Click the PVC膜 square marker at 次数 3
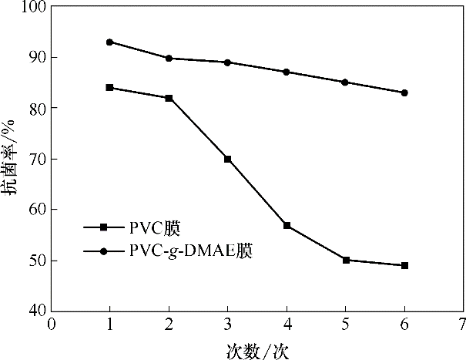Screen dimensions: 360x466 228,159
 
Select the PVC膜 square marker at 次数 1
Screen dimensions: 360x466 110,88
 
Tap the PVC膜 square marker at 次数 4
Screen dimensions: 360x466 287,225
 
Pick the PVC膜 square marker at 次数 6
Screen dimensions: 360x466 404,265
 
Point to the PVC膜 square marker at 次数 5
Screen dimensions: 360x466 346,261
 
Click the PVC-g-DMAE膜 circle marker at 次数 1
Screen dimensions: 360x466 110,42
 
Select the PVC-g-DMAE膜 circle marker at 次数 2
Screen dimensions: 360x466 169,58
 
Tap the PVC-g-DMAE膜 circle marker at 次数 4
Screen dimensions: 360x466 287,72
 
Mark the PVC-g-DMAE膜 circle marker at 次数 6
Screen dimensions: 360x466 404,93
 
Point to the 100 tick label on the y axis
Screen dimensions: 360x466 33,7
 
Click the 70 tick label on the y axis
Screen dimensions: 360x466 37,159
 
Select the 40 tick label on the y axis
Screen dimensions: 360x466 37,311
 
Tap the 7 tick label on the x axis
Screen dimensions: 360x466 462,324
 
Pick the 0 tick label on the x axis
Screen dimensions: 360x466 52,324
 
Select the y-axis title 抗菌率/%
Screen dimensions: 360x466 11,159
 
